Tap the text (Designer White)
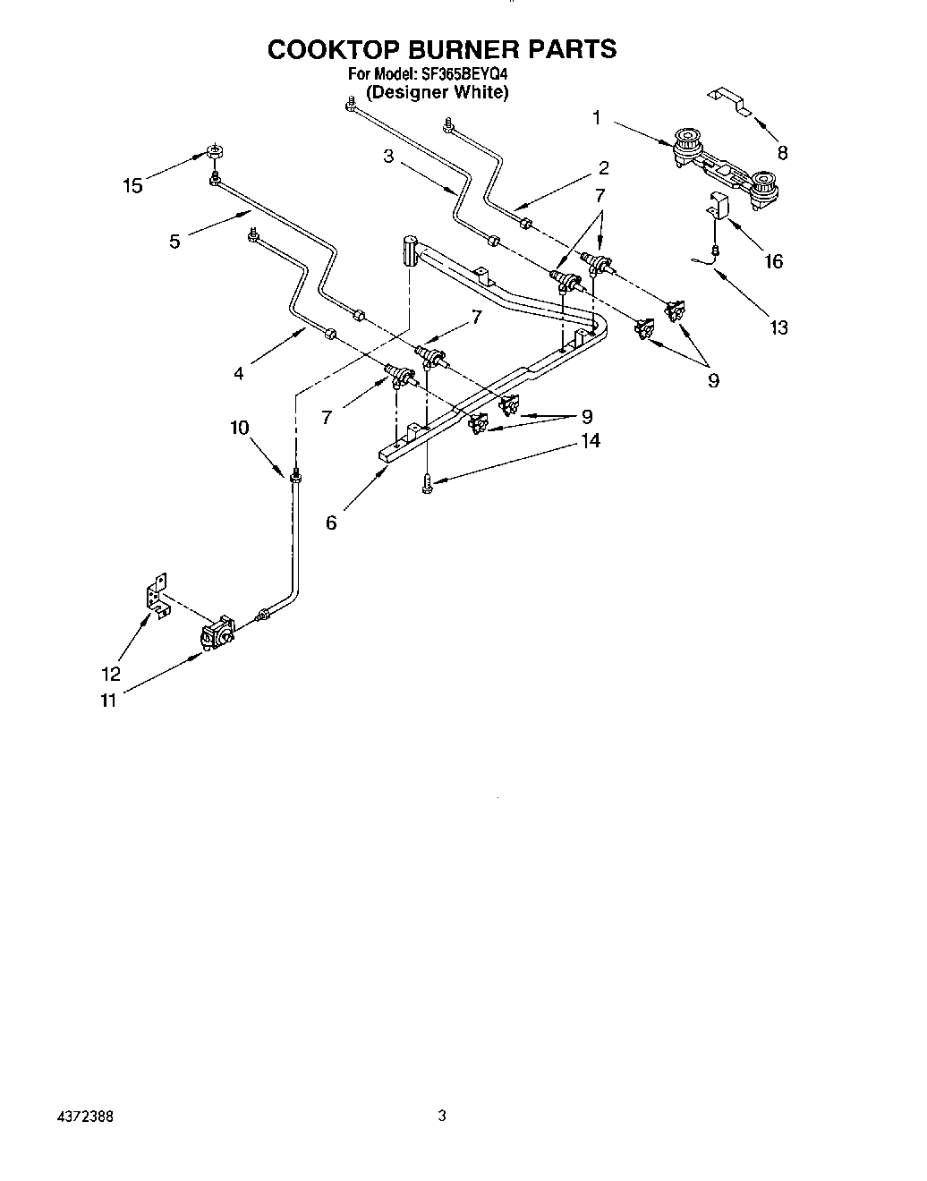[438, 93]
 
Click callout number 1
[597, 116]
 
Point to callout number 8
[783, 152]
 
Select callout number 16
[773, 261]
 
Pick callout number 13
[778, 327]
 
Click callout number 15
[132, 186]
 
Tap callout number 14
[590, 440]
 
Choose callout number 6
[331, 523]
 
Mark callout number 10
[239, 428]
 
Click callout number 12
[111, 675]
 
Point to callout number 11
[107, 701]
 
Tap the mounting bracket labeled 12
[157, 596]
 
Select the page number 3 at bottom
[441, 1116]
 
